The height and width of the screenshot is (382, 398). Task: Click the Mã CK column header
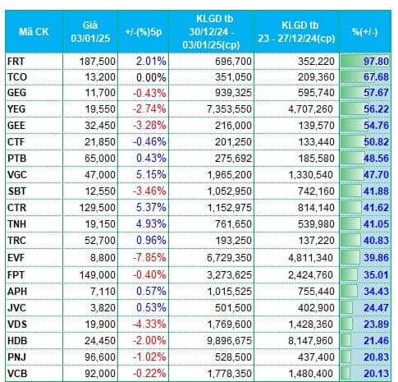coord(34,32)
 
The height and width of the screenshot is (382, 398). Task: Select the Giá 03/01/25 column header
coord(90,32)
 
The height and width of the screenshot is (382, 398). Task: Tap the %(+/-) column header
coord(365,32)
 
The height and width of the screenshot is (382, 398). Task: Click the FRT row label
coord(16,61)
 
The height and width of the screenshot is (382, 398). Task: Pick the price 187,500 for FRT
coord(98,61)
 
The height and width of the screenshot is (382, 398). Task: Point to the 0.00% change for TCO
coord(151,77)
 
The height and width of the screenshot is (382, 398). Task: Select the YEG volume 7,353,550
coord(229,109)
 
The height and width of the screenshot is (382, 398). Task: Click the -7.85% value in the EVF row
coord(149,258)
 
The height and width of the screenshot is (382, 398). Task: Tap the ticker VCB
coord(17,373)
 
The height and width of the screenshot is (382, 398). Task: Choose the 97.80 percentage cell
coord(376,61)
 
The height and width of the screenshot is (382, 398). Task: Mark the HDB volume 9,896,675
coord(229,341)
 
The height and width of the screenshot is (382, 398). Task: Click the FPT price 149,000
coord(98,274)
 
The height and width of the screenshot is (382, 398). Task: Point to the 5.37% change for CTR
coord(151,208)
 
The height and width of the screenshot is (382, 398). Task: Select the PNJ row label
coord(16,357)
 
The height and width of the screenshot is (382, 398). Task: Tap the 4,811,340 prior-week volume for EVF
coord(311,258)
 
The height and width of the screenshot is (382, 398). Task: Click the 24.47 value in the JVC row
coord(376,308)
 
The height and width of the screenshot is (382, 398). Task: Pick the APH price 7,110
coord(103,291)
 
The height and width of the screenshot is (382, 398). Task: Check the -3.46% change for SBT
coord(149,191)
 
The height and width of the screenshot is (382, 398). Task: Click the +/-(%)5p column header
coord(144,32)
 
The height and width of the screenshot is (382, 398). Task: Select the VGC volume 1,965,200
coord(229,175)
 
